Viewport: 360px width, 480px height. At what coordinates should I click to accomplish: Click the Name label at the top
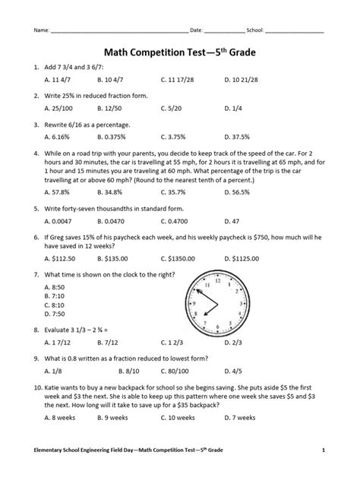tap(39, 30)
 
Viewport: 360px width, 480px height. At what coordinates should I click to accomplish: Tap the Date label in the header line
tap(197, 30)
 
